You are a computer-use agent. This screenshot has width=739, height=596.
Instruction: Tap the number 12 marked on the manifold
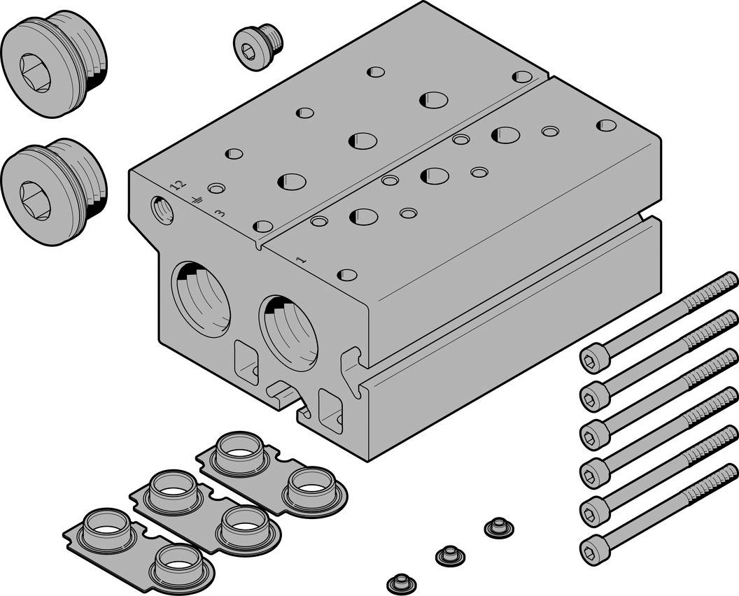coord(179,185)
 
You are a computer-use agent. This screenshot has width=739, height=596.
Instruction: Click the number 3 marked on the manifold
coord(220,212)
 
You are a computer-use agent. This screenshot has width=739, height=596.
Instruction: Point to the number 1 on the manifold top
coord(302,260)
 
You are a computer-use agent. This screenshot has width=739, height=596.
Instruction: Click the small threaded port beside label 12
coord(163,209)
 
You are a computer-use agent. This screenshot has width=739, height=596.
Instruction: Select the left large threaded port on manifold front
coord(202,299)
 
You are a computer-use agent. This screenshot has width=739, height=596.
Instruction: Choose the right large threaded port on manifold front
coord(288,332)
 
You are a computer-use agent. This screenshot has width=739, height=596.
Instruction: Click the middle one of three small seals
coord(449,555)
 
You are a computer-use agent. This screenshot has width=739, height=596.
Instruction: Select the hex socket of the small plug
coord(249,49)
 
